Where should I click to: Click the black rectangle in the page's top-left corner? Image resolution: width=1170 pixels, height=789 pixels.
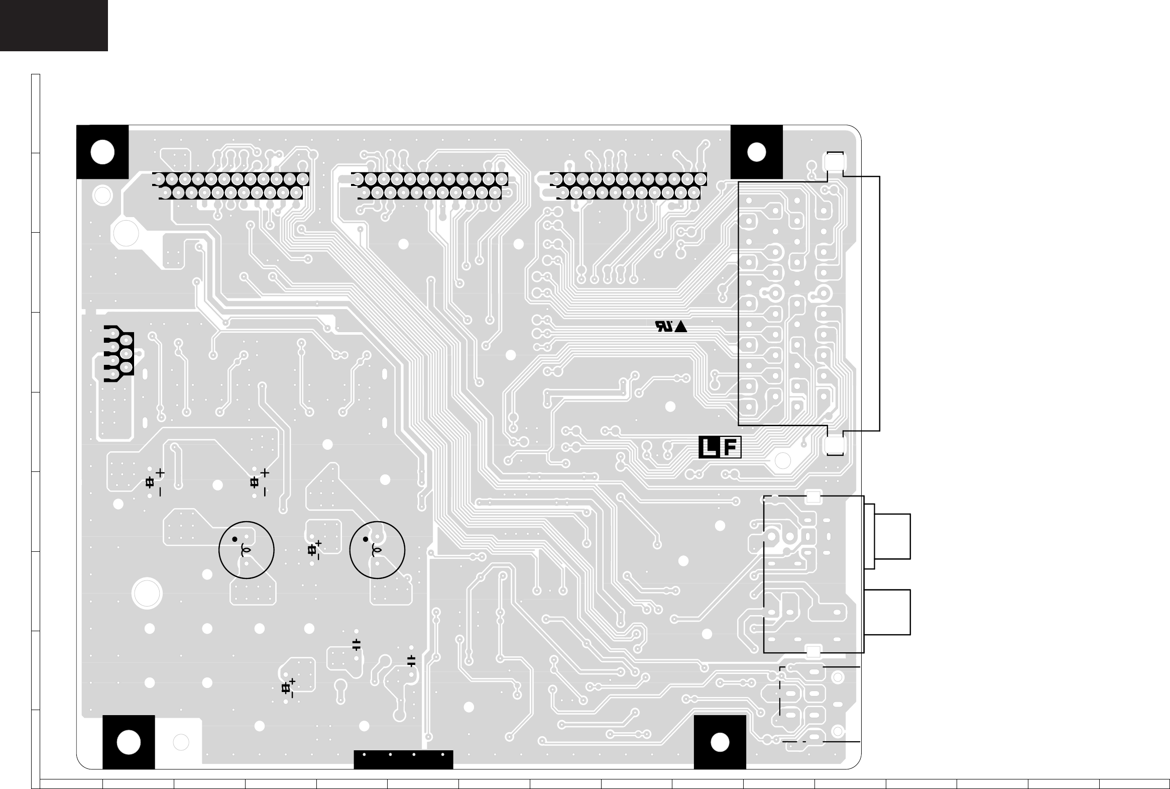(54, 25)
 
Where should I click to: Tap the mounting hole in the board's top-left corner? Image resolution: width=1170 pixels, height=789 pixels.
(102, 152)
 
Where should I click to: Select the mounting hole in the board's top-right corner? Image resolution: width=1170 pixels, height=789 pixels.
(757, 152)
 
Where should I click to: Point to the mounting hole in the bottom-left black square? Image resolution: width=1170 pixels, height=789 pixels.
(129, 742)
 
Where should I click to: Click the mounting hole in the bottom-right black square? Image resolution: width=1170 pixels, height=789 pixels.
(720, 742)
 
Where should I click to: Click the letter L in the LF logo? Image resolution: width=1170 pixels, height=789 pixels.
(709, 447)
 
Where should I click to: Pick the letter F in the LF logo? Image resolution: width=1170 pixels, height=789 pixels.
(731, 447)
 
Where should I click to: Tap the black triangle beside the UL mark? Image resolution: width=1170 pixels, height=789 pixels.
(681, 327)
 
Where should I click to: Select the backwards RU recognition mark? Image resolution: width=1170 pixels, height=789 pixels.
(664, 327)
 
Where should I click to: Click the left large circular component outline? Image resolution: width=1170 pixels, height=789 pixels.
(247, 550)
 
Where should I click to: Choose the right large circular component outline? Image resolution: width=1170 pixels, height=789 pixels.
(377, 550)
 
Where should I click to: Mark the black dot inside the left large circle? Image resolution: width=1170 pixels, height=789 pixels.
(235, 539)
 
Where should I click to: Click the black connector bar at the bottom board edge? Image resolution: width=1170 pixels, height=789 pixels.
(403, 759)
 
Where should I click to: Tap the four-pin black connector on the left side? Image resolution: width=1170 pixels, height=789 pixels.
(119, 354)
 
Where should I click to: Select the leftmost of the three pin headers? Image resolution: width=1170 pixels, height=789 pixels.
(231, 185)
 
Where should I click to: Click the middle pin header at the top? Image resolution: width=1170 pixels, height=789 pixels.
(430, 185)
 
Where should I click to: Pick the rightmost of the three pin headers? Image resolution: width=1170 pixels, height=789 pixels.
(629, 185)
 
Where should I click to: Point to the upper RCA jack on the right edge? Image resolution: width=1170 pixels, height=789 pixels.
(892, 536)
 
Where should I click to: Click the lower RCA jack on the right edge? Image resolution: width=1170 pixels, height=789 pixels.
(892, 612)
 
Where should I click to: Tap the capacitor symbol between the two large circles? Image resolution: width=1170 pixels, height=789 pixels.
(313, 550)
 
